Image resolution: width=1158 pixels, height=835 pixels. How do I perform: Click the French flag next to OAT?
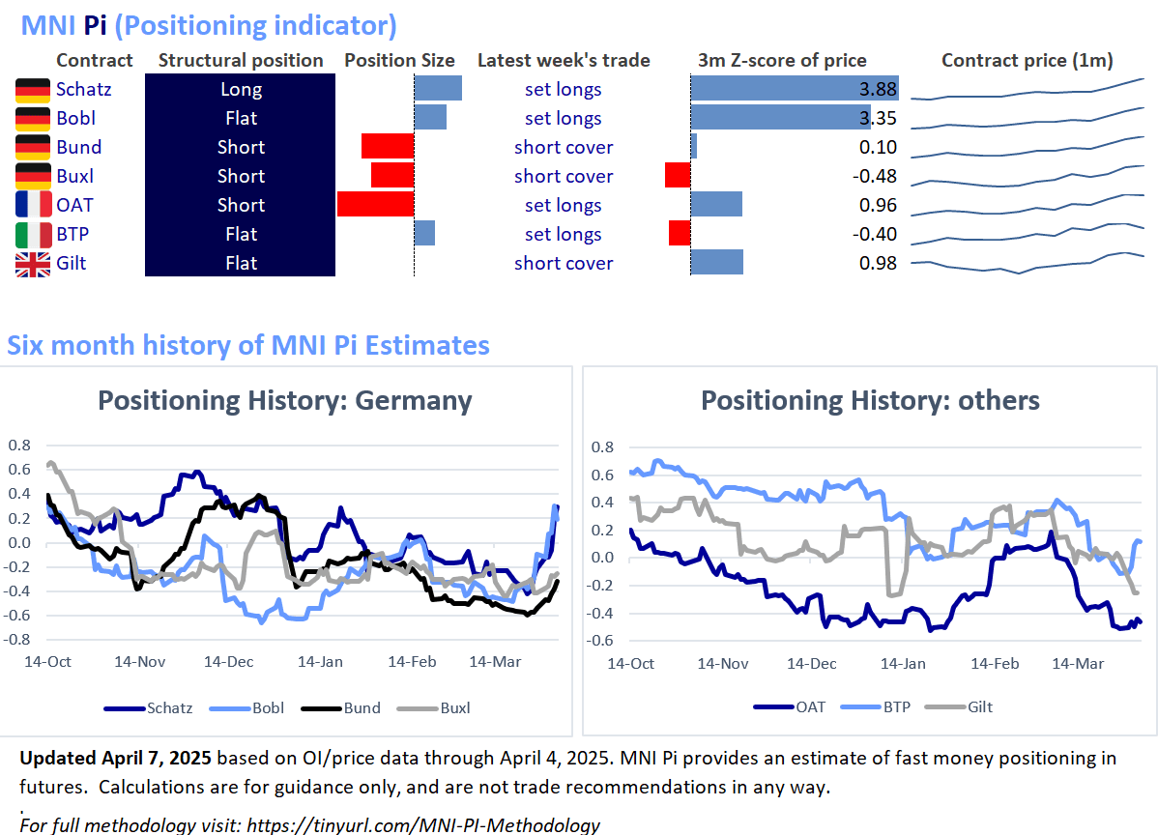coord(33,205)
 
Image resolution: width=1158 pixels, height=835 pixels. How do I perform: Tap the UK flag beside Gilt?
coord(33,264)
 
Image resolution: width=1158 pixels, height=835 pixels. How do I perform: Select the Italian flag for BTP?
coord(33,234)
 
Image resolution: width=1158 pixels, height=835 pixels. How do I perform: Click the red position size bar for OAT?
coord(375,205)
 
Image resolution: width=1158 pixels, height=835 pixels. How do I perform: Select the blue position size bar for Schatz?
coord(438,89)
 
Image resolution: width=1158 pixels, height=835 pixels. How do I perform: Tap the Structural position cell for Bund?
coord(241,147)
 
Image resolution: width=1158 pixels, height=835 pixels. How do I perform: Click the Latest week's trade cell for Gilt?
coord(564,263)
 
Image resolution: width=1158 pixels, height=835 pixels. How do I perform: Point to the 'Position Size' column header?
coord(399,60)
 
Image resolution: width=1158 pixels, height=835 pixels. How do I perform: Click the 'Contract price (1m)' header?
coord(1028,60)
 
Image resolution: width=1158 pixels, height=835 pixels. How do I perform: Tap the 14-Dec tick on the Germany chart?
coord(229,662)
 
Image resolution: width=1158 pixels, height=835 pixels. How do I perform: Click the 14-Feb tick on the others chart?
coord(995,664)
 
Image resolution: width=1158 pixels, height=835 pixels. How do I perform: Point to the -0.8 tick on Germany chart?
coord(19,639)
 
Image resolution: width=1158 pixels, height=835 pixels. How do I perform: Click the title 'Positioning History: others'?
coord(870,400)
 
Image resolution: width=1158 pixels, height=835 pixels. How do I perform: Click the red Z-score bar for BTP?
coord(680,234)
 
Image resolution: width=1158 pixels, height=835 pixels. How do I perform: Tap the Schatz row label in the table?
coord(83,89)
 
